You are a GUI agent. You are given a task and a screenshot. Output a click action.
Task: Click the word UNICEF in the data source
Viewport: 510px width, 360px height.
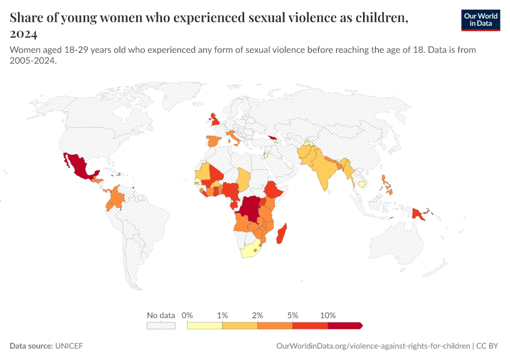click(x=69, y=346)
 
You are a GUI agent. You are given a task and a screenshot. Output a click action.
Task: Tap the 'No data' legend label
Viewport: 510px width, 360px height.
click(x=161, y=315)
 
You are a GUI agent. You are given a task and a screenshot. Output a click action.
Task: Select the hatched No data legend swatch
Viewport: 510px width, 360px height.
click(x=161, y=325)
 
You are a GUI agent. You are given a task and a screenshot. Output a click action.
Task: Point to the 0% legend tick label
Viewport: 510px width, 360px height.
click(x=187, y=315)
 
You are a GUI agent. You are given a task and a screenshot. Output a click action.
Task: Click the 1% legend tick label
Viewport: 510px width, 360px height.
click(x=223, y=315)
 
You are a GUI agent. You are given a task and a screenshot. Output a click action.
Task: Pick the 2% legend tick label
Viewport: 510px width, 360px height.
click(x=258, y=315)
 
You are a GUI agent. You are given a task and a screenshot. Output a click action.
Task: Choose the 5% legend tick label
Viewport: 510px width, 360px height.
click(x=293, y=315)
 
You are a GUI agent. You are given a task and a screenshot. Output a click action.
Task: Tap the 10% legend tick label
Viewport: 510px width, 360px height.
click(x=328, y=315)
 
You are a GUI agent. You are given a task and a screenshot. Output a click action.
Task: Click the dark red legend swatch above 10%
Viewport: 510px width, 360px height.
click(x=344, y=325)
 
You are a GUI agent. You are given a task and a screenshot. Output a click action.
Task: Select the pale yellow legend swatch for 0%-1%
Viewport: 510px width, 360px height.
click(x=205, y=325)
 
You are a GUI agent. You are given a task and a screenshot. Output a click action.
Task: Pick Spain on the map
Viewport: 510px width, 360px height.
click(x=213, y=142)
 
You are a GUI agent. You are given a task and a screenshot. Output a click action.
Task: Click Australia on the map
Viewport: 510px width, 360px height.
click(x=399, y=246)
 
